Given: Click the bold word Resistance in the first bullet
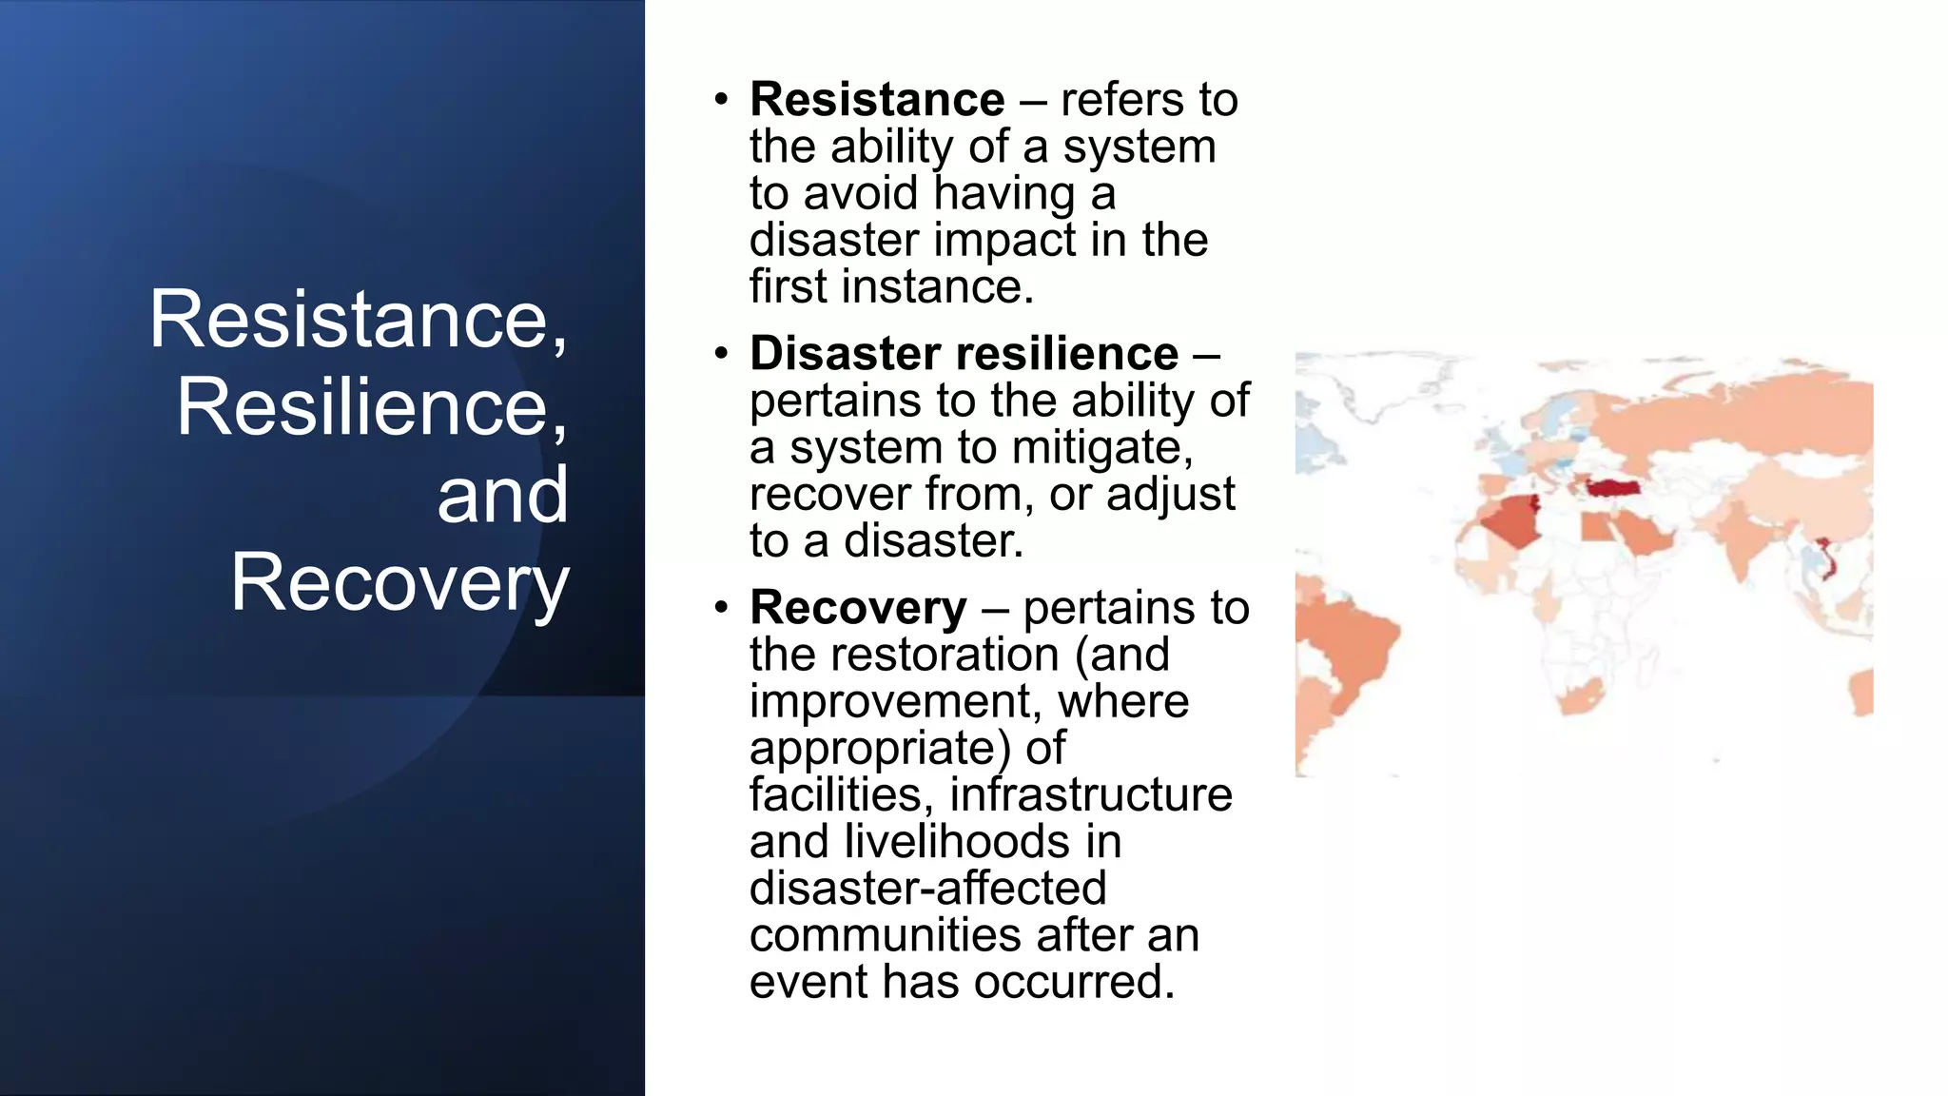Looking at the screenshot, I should click(x=876, y=100).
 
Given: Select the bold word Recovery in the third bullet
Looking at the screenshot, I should click(x=858, y=608).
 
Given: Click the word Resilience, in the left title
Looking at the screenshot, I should click(x=372, y=407).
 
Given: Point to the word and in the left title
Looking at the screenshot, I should click(x=502, y=496).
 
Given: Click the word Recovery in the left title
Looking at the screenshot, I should click(x=399, y=583).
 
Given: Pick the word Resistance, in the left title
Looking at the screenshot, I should click(x=359, y=320).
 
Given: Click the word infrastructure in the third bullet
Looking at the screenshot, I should click(x=1091, y=795).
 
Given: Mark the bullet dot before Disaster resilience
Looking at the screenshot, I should click(x=722, y=354).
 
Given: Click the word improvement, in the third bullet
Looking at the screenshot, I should click(x=895, y=702).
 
